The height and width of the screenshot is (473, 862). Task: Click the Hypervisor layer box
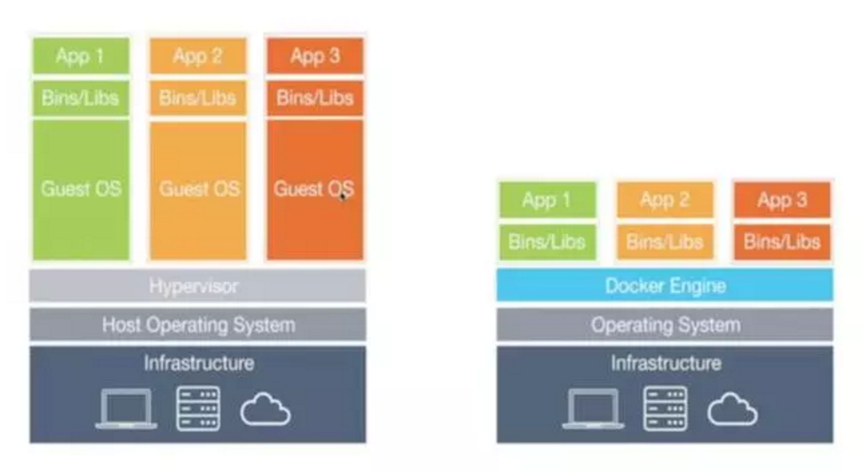[x=198, y=285]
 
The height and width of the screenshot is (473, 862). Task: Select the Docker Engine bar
[x=665, y=285]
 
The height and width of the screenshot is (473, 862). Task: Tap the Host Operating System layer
[x=198, y=325]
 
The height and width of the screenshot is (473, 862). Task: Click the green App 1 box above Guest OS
[x=82, y=56]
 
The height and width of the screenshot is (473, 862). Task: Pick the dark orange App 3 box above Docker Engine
[x=782, y=200]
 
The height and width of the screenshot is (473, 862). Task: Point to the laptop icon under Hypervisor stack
[x=126, y=409]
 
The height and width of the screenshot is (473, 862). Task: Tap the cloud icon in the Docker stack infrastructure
[x=732, y=409]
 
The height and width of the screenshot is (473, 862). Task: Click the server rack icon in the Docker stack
[x=666, y=409]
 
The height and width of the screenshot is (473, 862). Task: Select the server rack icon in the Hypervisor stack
[x=198, y=409]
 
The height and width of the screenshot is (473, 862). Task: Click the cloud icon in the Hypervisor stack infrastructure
[x=265, y=409]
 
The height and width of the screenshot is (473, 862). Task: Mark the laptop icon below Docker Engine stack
[x=593, y=409]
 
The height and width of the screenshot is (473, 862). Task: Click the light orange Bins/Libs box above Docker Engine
[x=666, y=242]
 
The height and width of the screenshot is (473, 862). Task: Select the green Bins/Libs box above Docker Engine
[x=547, y=242]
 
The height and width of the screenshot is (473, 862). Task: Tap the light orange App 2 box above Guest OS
[x=198, y=56]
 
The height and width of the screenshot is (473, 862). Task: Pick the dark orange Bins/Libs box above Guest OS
[x=315, y=98]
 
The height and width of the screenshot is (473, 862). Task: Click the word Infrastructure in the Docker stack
[x=666, y=363]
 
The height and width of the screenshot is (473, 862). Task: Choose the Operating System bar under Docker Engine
[x=665, y=325]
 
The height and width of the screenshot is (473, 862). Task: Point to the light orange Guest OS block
[x=198, y=191]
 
